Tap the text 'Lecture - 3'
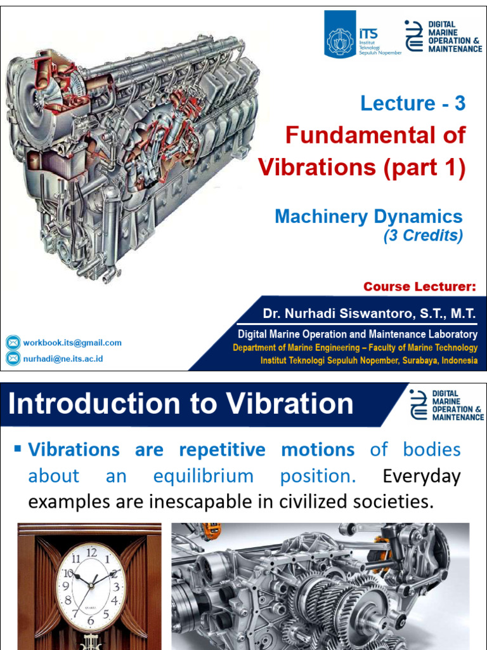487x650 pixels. coord(413,103)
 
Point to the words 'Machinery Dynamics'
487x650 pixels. coord(368,216)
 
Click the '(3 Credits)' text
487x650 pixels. coord(423,235)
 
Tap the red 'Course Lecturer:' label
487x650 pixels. coord(419,287)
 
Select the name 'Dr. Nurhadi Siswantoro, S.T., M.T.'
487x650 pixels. coord(369,314)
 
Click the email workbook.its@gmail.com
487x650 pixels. coord(72,343)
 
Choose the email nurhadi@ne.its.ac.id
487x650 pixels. coord(63,359)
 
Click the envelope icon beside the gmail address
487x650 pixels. coord(13,343)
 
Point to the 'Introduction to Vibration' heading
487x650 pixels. coord(181,404)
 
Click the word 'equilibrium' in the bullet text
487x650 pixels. coord(203,476)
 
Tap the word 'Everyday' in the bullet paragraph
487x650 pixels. coord(422,476)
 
